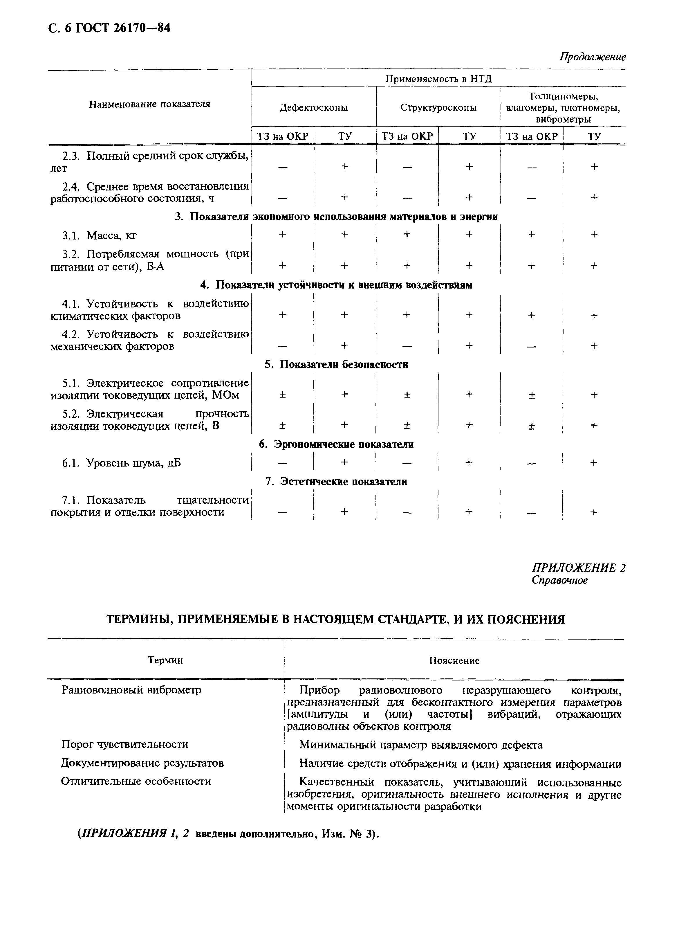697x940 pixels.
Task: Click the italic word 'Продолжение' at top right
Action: (x=592, y=57)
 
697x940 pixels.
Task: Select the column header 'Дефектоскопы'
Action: (x=313, y=108)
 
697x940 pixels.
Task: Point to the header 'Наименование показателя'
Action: (x=149, y=104)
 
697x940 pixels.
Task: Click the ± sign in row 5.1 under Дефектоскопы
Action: (x=282, y=395)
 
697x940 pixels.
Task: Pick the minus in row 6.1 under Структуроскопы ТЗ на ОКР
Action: (x=407, y=463)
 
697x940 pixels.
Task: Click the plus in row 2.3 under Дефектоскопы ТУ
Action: (x=345, y=167)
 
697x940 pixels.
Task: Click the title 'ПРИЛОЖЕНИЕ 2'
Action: (x=578, y=568)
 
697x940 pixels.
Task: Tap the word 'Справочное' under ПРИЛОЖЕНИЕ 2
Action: (x=559, y=580)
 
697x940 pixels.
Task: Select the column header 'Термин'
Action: (x=165, y=660)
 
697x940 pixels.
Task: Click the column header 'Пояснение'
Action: (x=454, y=660)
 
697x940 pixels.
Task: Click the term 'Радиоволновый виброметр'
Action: (x=131, y=690)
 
